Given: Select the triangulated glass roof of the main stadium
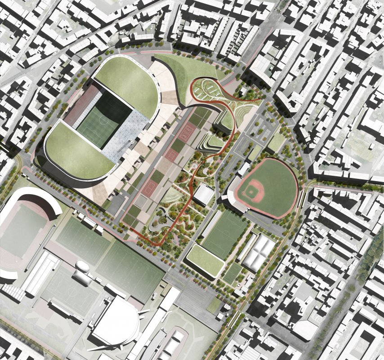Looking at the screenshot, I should tap(129, 130).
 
